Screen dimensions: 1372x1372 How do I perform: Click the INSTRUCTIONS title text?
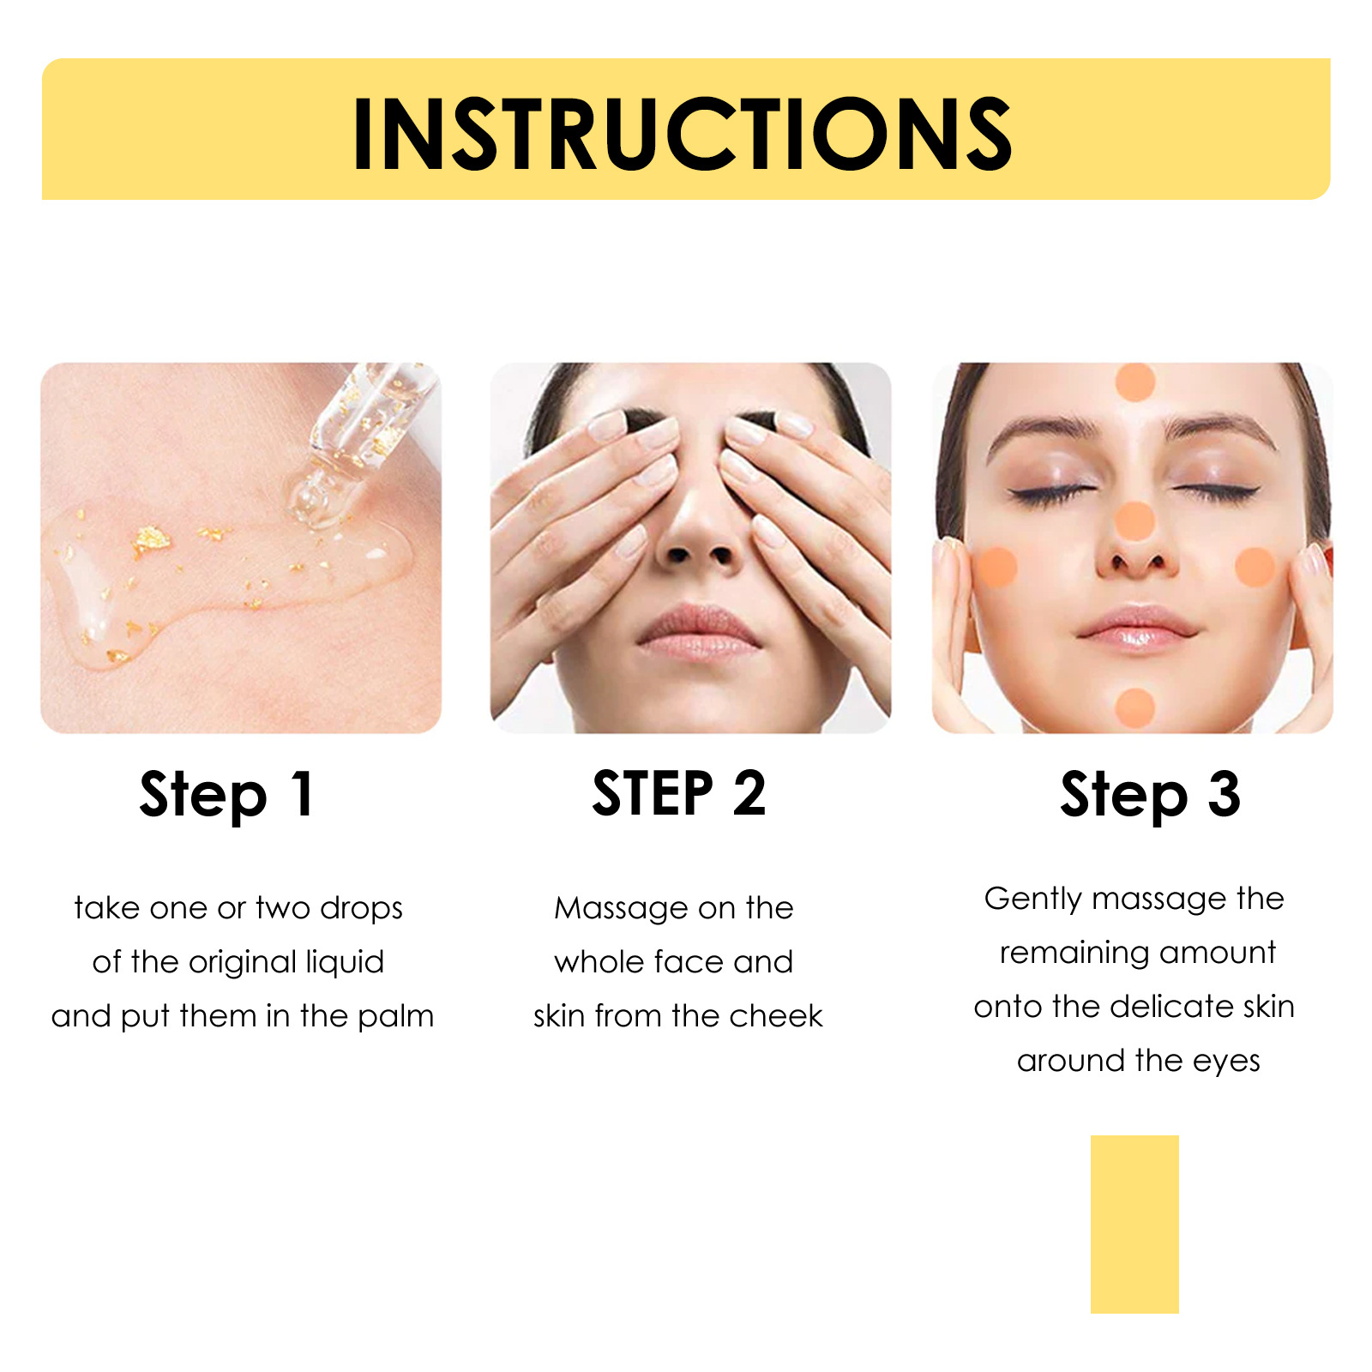click(683, 134)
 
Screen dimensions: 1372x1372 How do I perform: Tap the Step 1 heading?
click(227, 794)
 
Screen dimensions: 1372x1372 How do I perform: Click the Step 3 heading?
click(1150, 794)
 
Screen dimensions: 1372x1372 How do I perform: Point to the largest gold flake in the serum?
click(152, 539)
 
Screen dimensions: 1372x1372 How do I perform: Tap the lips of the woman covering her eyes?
click(699, 633)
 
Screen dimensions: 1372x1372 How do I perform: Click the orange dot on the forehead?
click(1135, 382)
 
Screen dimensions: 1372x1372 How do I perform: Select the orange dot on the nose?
click(1134, 521)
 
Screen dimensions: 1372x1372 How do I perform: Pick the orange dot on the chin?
click(1135, 707)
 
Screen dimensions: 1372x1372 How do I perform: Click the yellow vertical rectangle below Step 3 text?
click(1134, 1224)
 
